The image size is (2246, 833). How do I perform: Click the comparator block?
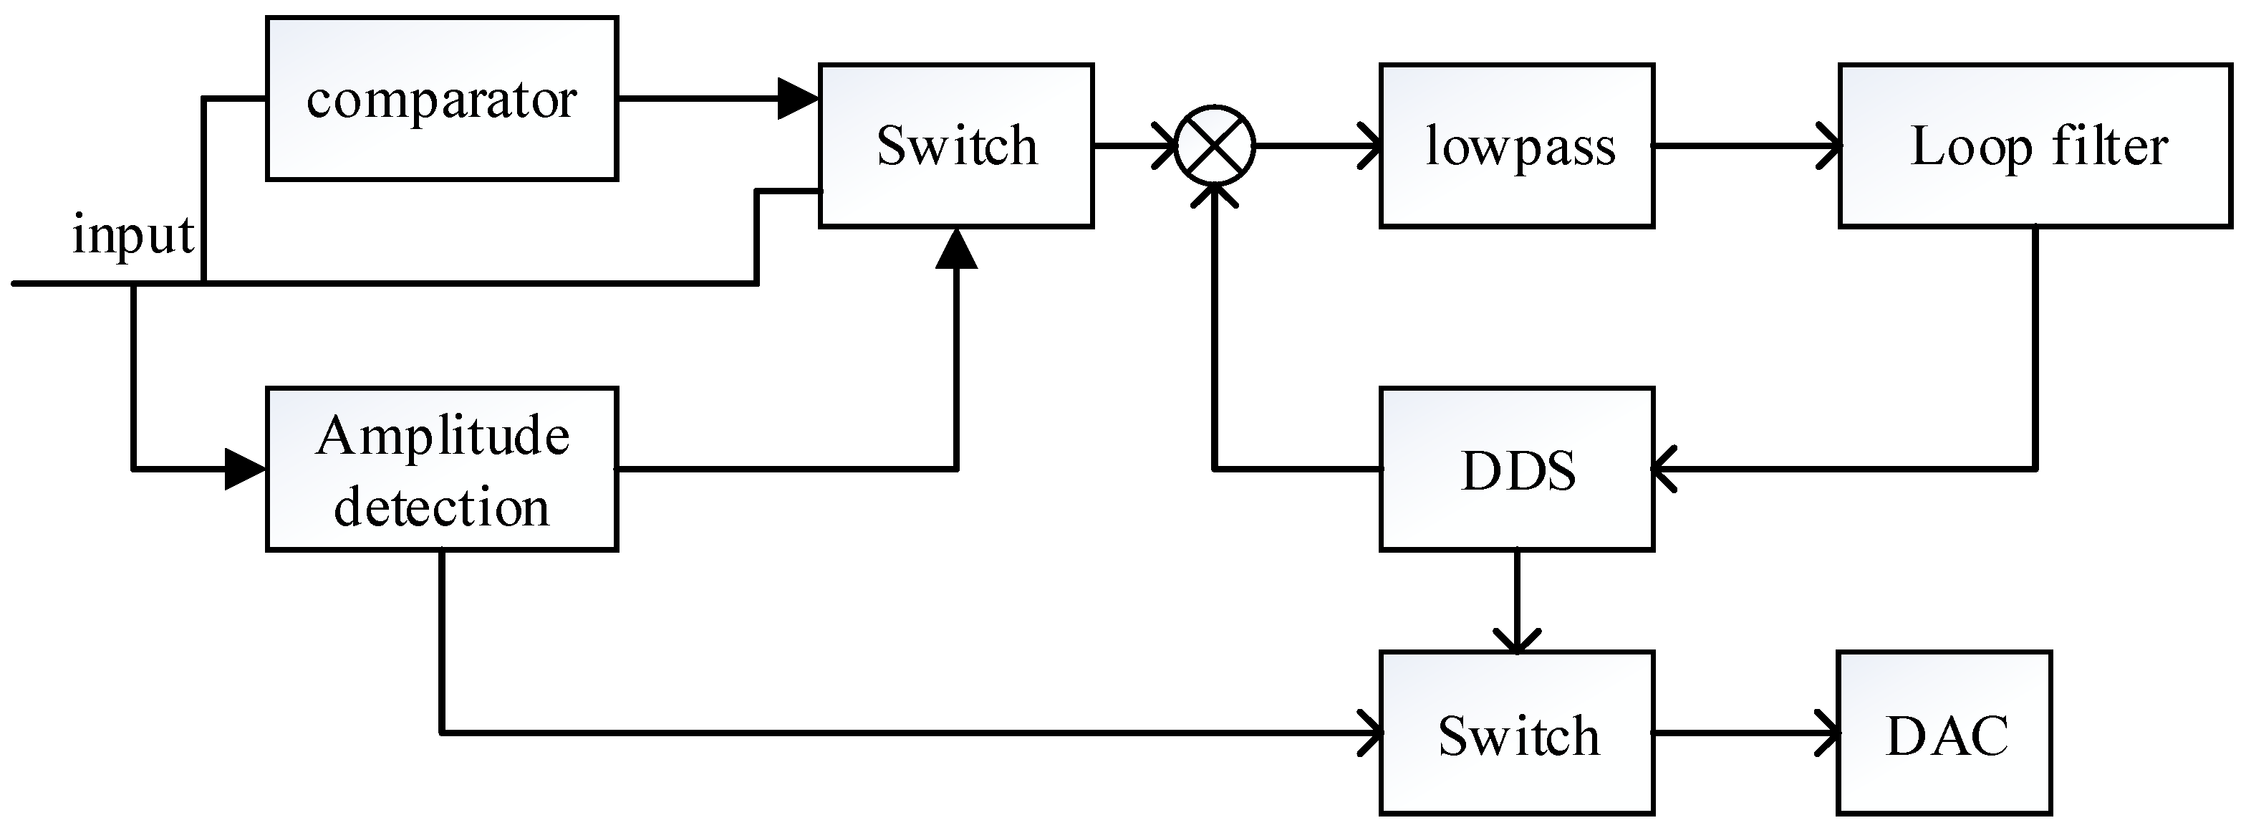tap(441, 98)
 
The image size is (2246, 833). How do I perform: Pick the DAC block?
tap(1944, 733)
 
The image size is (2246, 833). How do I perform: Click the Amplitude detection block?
tap(441, 470)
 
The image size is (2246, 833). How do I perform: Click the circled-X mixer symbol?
tap(1215, 146)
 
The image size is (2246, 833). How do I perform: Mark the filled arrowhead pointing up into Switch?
tap(956, 249)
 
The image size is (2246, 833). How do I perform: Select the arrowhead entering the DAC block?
tap(1828, 733)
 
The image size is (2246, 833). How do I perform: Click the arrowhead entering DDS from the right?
tap(1665, 470)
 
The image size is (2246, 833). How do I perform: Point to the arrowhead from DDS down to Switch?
tap(1516, 641)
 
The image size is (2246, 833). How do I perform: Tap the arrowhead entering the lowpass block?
tap(1371, 146)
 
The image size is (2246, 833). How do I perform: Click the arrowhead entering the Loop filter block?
tap(1829, 146)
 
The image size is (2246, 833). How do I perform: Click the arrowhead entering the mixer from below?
tap(1215, 197)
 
